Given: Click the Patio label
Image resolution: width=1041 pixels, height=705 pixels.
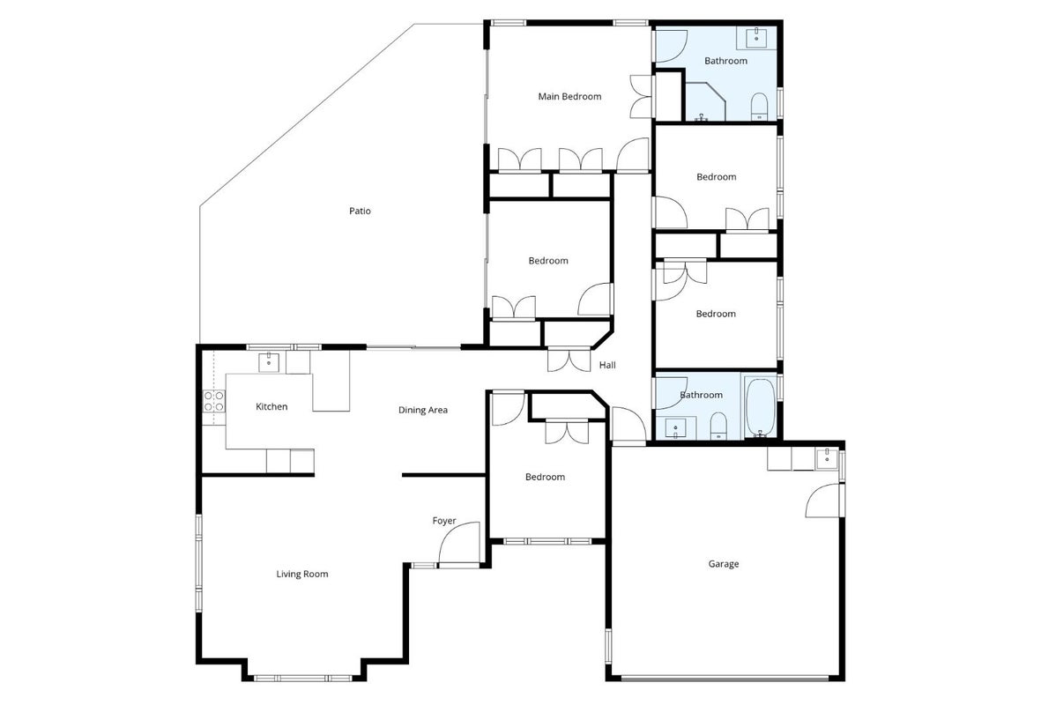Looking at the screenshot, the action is [x=360, y=211].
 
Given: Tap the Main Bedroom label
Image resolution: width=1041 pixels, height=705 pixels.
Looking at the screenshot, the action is [x=569, y=96].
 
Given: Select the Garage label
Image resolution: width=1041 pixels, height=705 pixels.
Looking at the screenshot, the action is [x=723, y=564].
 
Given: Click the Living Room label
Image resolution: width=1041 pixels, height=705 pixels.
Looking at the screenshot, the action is [x=302, y=574].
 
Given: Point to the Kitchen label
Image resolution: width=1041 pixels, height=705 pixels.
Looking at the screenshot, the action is [x=271, y=406].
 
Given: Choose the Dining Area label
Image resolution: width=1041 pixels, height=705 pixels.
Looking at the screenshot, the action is [x=423, y=410].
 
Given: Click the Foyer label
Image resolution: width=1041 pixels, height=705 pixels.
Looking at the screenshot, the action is [x=444, y=521].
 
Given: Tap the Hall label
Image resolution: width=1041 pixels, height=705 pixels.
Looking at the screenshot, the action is [x=607, y=365].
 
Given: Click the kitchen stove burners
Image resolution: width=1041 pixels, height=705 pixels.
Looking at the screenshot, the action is [x=214, y=402].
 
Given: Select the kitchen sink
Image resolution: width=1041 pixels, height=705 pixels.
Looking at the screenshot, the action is [x=268, y=362].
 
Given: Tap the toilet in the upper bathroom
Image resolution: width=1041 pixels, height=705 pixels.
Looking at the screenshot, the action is [x=760, y=107].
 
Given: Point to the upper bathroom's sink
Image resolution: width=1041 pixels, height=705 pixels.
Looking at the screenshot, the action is [x=756, y=38].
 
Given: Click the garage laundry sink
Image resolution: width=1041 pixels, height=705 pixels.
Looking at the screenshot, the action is [x=827, y=458].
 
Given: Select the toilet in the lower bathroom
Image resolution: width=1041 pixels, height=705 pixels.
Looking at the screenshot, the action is [x=718, y=426].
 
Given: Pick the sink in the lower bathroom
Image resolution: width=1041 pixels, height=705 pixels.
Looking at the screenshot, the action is [x=675, y=428].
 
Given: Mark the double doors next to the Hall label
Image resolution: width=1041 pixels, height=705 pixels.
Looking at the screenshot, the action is [x=569, y=360].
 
